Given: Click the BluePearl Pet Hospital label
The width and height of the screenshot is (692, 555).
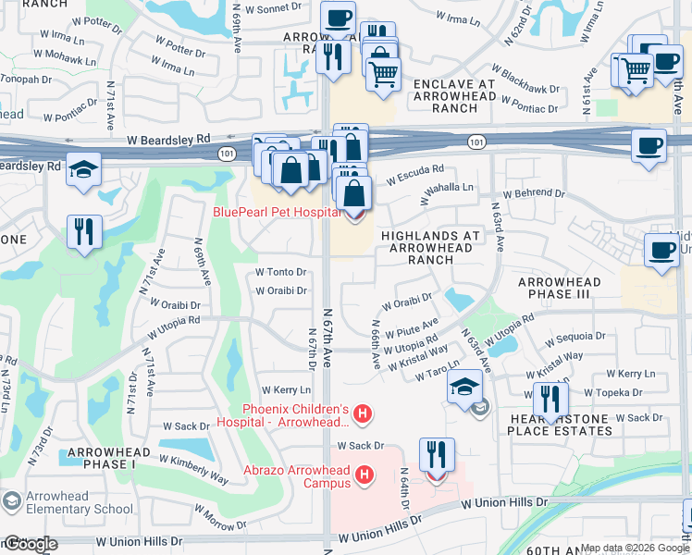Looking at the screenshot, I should pyautogui.click(x=278, y=212).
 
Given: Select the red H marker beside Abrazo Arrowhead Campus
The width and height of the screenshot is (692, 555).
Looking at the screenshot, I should pyautogui.click(x=365, y=475).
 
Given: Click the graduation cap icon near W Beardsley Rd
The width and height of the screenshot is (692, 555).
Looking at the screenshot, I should pyautogui.click(x=83, y=170).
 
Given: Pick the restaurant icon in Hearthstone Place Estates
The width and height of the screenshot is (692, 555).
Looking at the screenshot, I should pyautogui.click(x=550, y=400).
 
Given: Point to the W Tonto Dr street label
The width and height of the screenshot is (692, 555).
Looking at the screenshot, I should pyautogui.click(x=280, y=272).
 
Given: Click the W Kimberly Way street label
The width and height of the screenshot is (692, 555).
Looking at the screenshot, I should pyautogui.click(x=193, y=469).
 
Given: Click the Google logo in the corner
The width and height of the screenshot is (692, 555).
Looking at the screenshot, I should pyautogui.click(x=30, y=544).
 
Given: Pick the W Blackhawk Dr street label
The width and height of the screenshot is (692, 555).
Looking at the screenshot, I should pyautogui.click(x=525, y=80).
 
